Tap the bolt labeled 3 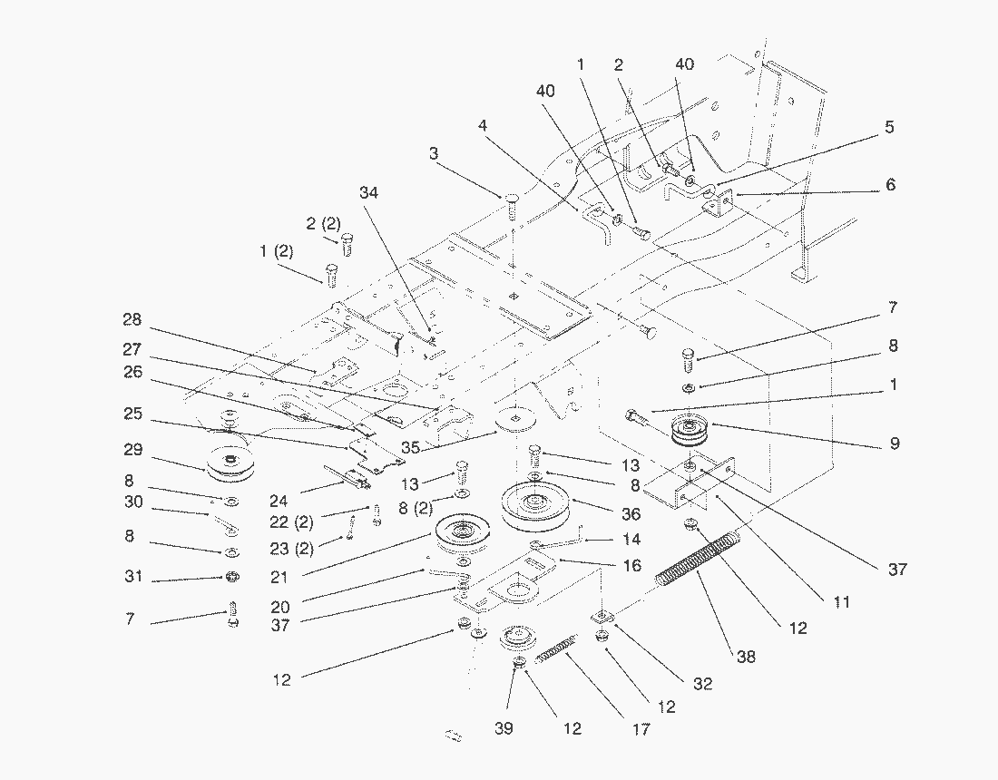[x=511, y=205]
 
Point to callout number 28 [x=133, y=320]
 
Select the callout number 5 [x=889, y=128]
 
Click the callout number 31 [x=133, y=579]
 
